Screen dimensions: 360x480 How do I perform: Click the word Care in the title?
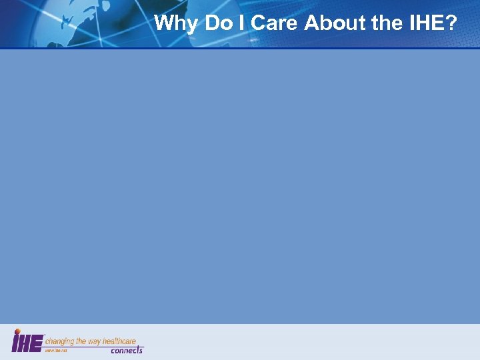click(x=274, y=23)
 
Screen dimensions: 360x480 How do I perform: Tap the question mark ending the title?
click(x=451, y=23)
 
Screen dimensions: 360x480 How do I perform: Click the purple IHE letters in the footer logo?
click(x=27, y=343)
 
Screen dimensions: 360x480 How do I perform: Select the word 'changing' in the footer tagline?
click(x=61, y=341)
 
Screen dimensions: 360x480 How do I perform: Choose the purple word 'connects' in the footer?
click(x=126, y=350)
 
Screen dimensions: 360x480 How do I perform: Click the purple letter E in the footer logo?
click(x=37, y=343)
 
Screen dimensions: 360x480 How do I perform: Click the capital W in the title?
click(x=163, y=23)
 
